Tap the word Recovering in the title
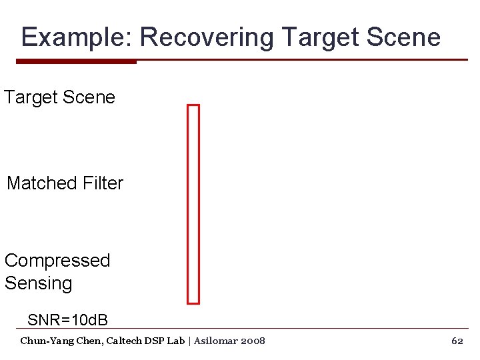tap(207, 37)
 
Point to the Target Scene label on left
tap(59, 97)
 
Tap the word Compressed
tap(57, 261)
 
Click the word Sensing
tap(38, 283)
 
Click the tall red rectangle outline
tap(193, 203)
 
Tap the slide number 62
tap(457, 341)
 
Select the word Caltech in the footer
tap(121, 341)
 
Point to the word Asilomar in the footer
tap(218, 341)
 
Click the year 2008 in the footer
tap(254, 341)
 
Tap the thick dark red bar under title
tap(76, 61)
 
